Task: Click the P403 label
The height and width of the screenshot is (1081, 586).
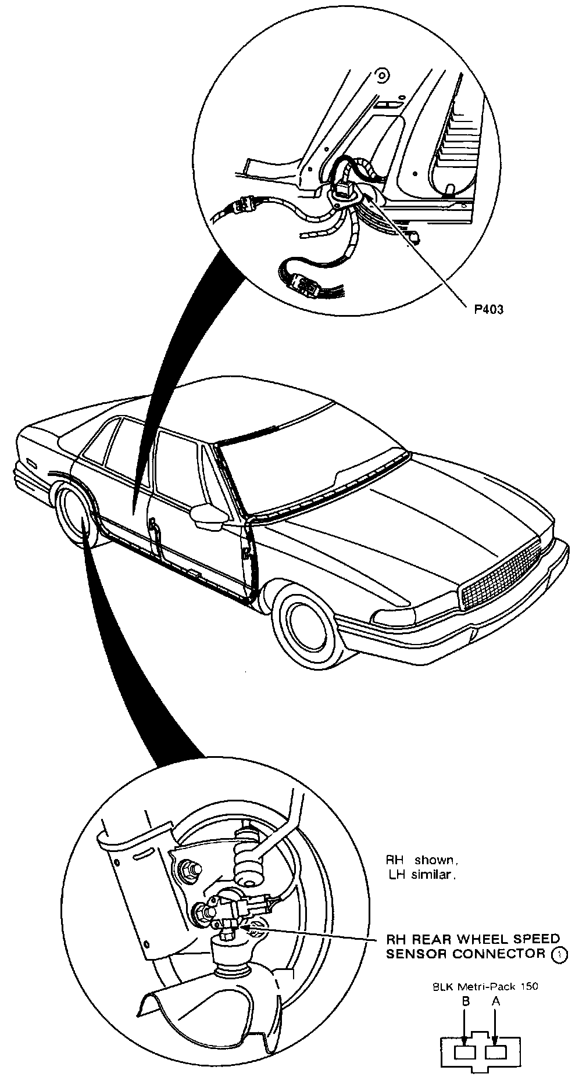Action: [x=487, y=309]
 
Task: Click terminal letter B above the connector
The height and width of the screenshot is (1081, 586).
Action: [x=465, y=1001]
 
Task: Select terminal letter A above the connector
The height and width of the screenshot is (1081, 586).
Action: [x=495, y=1001]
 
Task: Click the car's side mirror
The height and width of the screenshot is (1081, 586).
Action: [x=208, y=516]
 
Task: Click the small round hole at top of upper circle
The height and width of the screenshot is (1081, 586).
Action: [x=381, y=75]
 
